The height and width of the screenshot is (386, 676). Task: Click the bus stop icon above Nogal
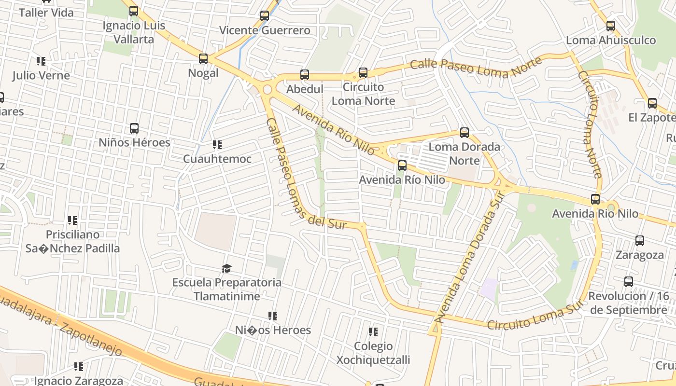(203, 59)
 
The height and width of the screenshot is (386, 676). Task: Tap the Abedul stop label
(304, 89)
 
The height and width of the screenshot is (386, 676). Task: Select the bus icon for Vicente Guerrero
(264, 15)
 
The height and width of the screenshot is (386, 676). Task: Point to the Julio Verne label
(41, 76)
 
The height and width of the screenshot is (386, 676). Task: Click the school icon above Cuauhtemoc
(217, 145)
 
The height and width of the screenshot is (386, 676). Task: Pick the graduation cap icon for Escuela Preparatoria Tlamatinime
(226, 268)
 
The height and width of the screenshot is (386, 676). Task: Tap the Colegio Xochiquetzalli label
(373, 353)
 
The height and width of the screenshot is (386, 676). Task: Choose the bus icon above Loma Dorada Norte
(464, 132)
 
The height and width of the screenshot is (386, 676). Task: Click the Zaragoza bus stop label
(639, 255)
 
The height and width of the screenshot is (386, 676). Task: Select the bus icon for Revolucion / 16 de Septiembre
(628, 282)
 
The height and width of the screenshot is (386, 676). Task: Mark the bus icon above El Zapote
(652, 103)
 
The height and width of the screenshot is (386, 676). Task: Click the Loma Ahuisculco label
(611, 41)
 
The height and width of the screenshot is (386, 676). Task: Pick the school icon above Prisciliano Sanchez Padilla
(72, 221)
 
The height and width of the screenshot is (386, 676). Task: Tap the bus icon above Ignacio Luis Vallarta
(134, 11)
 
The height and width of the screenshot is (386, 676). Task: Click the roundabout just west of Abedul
(267, 89)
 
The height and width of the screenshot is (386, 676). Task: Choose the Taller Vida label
(46, 13)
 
